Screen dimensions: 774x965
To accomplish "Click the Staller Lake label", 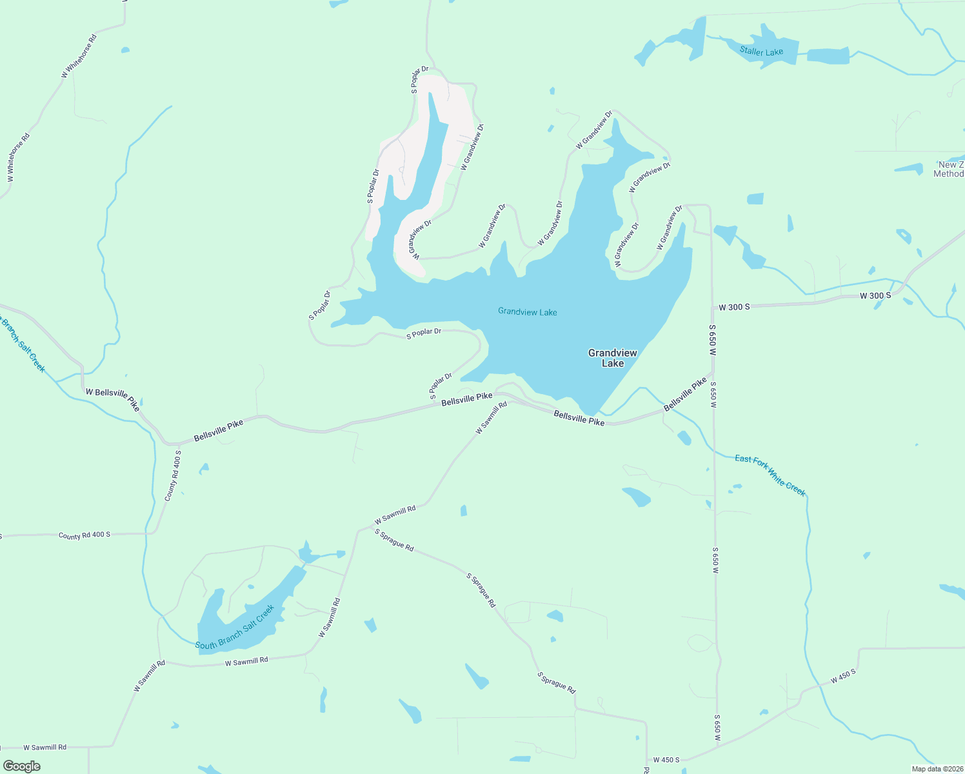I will [761, 52].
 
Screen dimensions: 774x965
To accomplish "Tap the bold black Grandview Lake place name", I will [612, 358].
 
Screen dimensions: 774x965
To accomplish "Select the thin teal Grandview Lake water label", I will [527, 312].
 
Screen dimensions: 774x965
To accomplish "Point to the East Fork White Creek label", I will [770, 475].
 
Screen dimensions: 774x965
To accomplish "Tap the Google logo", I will [22, 766].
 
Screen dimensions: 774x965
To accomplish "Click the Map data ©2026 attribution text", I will [936, 769].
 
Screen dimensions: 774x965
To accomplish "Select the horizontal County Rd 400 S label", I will [84, 535].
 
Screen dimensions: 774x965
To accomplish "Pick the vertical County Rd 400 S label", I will [172, 476].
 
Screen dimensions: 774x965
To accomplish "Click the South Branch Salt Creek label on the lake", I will [235, 627].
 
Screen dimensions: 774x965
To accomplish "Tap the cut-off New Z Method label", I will [949, 169].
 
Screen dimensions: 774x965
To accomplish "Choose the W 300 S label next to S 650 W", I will [734, 307].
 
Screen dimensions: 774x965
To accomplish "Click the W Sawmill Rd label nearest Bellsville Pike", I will [492, 418].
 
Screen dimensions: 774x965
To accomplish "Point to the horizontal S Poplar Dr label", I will [424, 333].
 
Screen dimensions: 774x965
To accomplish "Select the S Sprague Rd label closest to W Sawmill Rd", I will [394, 540].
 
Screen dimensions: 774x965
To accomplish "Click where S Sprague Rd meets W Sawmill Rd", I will [359, 531].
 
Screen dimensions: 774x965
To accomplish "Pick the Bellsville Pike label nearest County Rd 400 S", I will [219, 431].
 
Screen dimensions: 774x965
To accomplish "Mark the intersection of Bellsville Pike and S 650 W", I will [713, 373].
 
